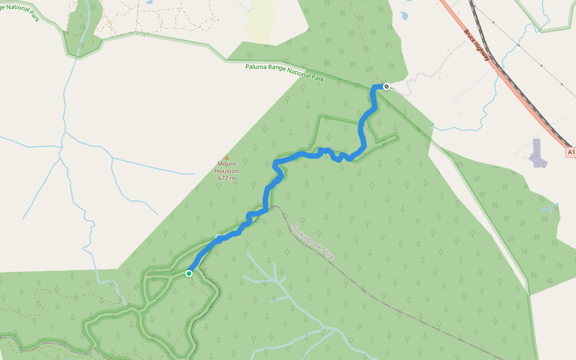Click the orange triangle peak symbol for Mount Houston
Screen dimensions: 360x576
[x=227, y=158]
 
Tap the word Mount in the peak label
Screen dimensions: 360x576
[x=227, y=164]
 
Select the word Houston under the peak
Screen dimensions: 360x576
[x=227, y=171]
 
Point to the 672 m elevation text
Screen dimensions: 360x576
[x=227, y=178]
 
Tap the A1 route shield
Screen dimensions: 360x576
[x=571, y=152]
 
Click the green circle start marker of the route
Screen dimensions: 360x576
[x=189, y=274]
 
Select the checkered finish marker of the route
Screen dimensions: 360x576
[x=386, y=86]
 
